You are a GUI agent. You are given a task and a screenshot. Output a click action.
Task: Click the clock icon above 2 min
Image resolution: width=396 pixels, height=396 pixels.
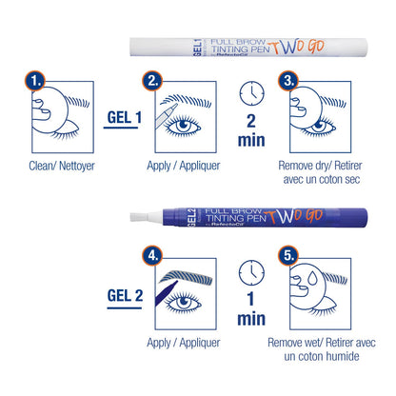click(252, 92)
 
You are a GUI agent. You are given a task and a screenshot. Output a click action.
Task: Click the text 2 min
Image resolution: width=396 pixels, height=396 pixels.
click(252, 131)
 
